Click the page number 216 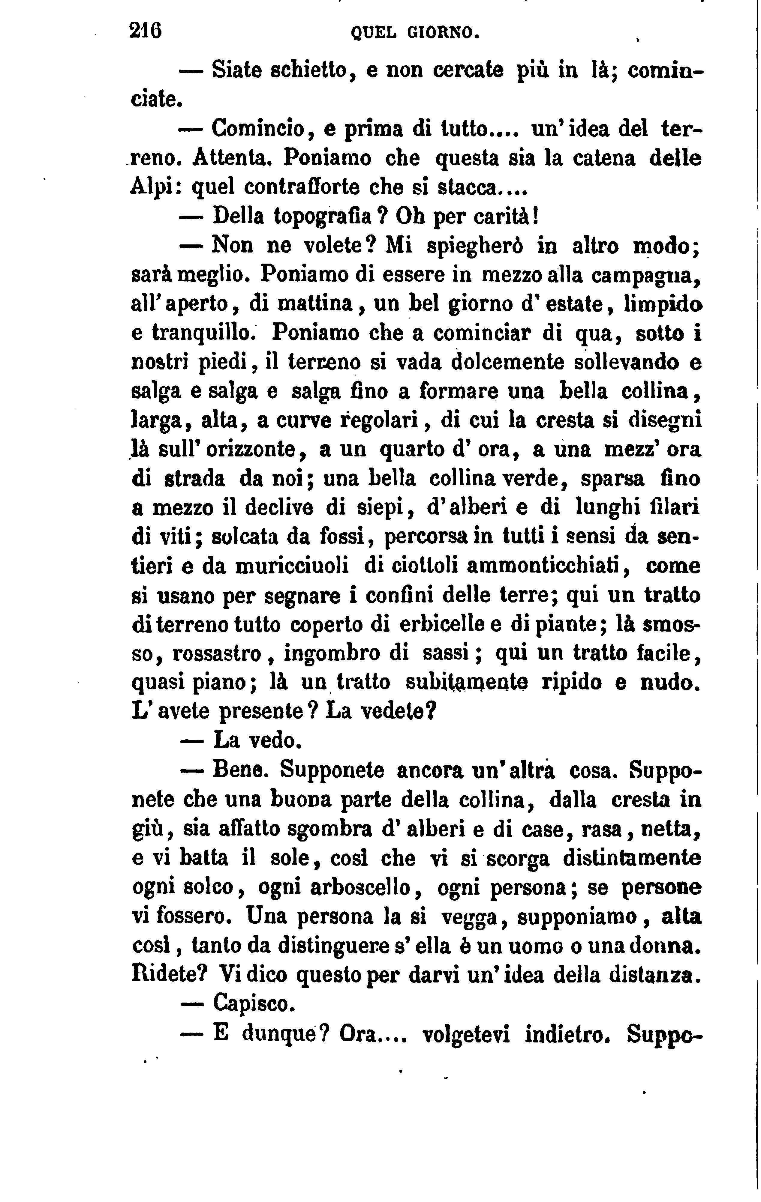pyautogui.click(x=145, y=32)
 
